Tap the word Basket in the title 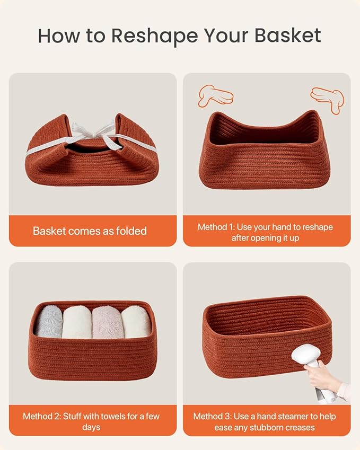pyautogui.click(x=288, y=36)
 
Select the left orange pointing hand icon pyautogui.click(x=215, y=95)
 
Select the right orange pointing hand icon pyautogui.click(x=328, y=99)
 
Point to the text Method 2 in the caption pyautogui.click(x=43, y=416)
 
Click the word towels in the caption pyautogui.click(x=112, y=416)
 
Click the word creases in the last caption pyautogui.click(x=297, y=427)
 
